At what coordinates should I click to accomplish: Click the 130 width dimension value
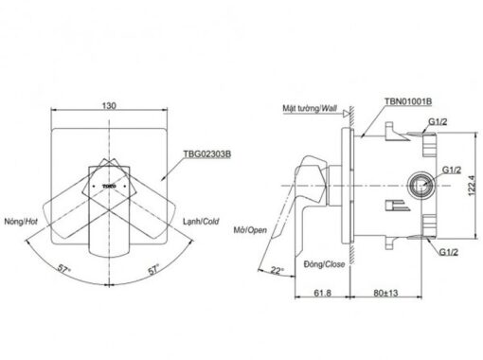tap(109, 105)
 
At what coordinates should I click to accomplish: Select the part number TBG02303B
tap(207, 154)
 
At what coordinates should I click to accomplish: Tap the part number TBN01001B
tap(408, 101)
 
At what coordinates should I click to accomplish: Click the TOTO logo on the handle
tap(109, 187)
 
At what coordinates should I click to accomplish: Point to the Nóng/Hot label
tap(21, 222)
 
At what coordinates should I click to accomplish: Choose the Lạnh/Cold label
tap(201, 222)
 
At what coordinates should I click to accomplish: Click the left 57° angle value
tap(64, 269)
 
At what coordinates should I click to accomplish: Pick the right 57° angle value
tap(153, 269)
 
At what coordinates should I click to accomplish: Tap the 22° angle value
tap(277, 270)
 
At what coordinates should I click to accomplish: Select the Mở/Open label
tap(250, 230)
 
